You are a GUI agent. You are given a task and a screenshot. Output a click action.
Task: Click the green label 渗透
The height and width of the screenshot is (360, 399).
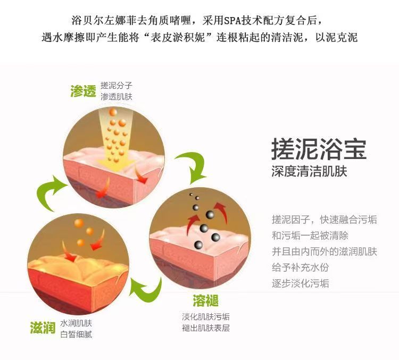point(83,91)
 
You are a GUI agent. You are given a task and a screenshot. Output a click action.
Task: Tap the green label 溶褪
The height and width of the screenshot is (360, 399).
point(206,302)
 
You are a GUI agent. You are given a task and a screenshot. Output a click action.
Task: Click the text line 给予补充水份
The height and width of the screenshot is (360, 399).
point(300,267)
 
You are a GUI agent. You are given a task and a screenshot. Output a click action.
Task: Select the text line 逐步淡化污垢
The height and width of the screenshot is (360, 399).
point(300,283)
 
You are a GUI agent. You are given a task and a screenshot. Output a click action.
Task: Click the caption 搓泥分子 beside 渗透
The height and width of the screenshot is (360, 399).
point(117,86)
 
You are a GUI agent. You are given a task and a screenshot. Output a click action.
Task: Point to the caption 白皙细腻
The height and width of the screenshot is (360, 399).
point(76,334)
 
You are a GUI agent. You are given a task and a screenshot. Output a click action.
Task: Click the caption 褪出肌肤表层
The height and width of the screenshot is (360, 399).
point(206,328)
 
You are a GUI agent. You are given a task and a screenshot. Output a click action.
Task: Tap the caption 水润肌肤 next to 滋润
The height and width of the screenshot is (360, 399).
point(76,323)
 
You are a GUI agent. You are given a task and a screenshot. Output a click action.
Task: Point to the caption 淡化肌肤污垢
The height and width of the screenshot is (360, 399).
point(206,317)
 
